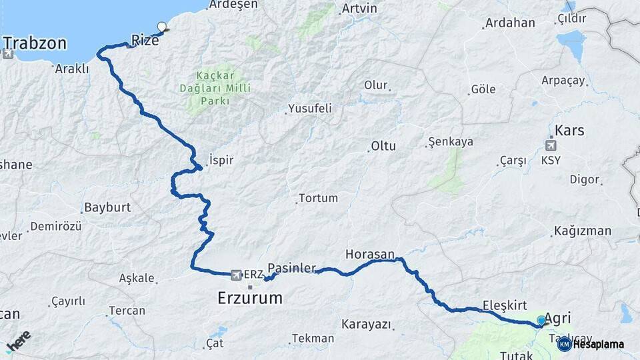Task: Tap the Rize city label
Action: pos(145,40)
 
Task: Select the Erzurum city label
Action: pos(250,298)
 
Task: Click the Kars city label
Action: pos(569,130)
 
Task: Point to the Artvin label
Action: pos(359,9)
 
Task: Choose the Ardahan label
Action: pos(510,23)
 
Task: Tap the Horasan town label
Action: pos(370,254)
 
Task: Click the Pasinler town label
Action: pos(291,268)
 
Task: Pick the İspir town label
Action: pos(221,160)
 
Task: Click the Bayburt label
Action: pos(107,207)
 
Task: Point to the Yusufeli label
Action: pos(309,108)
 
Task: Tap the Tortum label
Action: pos(318,198)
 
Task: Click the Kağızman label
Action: pos(581,231)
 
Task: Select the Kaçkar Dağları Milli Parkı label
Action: pos(214,88)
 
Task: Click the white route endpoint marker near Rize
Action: pos(161,27)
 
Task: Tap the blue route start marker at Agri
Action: pos(541,321)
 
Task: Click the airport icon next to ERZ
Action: pos(235,275)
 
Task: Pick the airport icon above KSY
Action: pos(551,145)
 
